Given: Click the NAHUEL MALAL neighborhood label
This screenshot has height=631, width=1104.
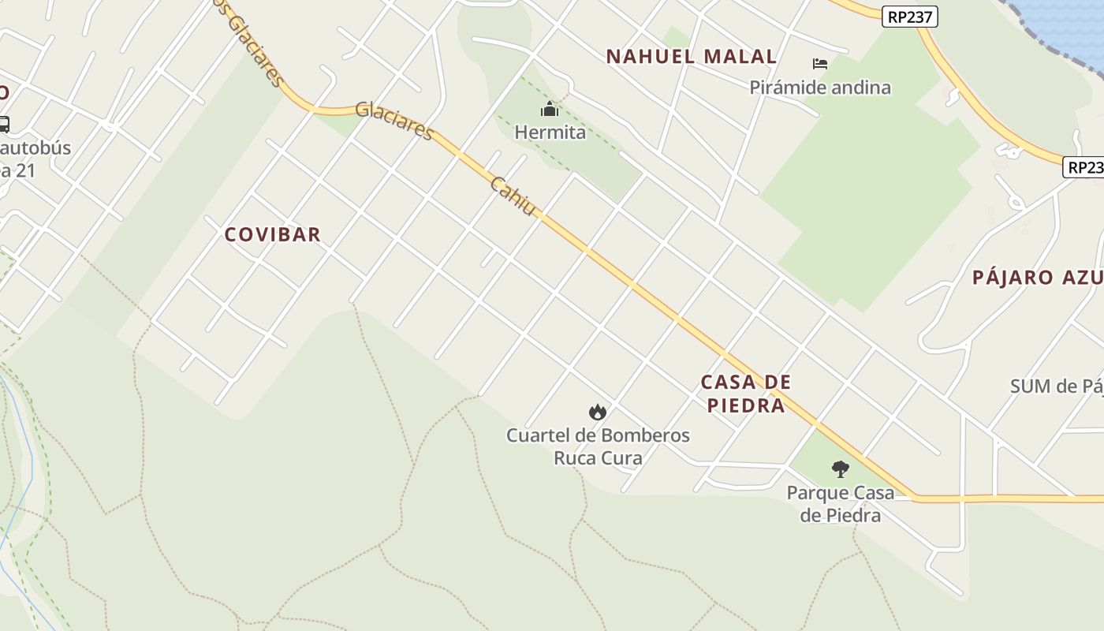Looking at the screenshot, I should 691,57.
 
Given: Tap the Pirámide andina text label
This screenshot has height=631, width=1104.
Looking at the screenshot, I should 820,88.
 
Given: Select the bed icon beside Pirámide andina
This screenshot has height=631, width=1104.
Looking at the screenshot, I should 820,63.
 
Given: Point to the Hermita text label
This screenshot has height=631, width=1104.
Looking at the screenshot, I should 550,133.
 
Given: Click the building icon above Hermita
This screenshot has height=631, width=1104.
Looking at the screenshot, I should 550,110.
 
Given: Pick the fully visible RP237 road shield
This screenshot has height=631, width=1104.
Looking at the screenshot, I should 909,17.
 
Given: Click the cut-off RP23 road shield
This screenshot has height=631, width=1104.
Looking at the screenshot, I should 1084,167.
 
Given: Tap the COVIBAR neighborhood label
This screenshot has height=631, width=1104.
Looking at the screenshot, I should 273,235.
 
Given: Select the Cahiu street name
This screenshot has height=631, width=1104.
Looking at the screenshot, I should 513,196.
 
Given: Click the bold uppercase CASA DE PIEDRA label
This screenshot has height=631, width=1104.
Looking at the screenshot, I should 746,394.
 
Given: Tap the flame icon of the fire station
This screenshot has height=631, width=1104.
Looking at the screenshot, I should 598,412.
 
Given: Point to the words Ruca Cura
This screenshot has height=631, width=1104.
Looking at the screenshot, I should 598,458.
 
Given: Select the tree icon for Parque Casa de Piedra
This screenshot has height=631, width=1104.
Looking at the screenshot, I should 841,470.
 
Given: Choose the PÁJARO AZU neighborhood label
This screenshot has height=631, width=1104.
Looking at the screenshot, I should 1036,278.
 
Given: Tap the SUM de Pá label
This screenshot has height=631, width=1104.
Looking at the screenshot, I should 1057,386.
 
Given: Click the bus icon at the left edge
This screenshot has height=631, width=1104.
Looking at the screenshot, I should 3,124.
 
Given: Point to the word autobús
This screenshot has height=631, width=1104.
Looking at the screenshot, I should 35,148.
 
